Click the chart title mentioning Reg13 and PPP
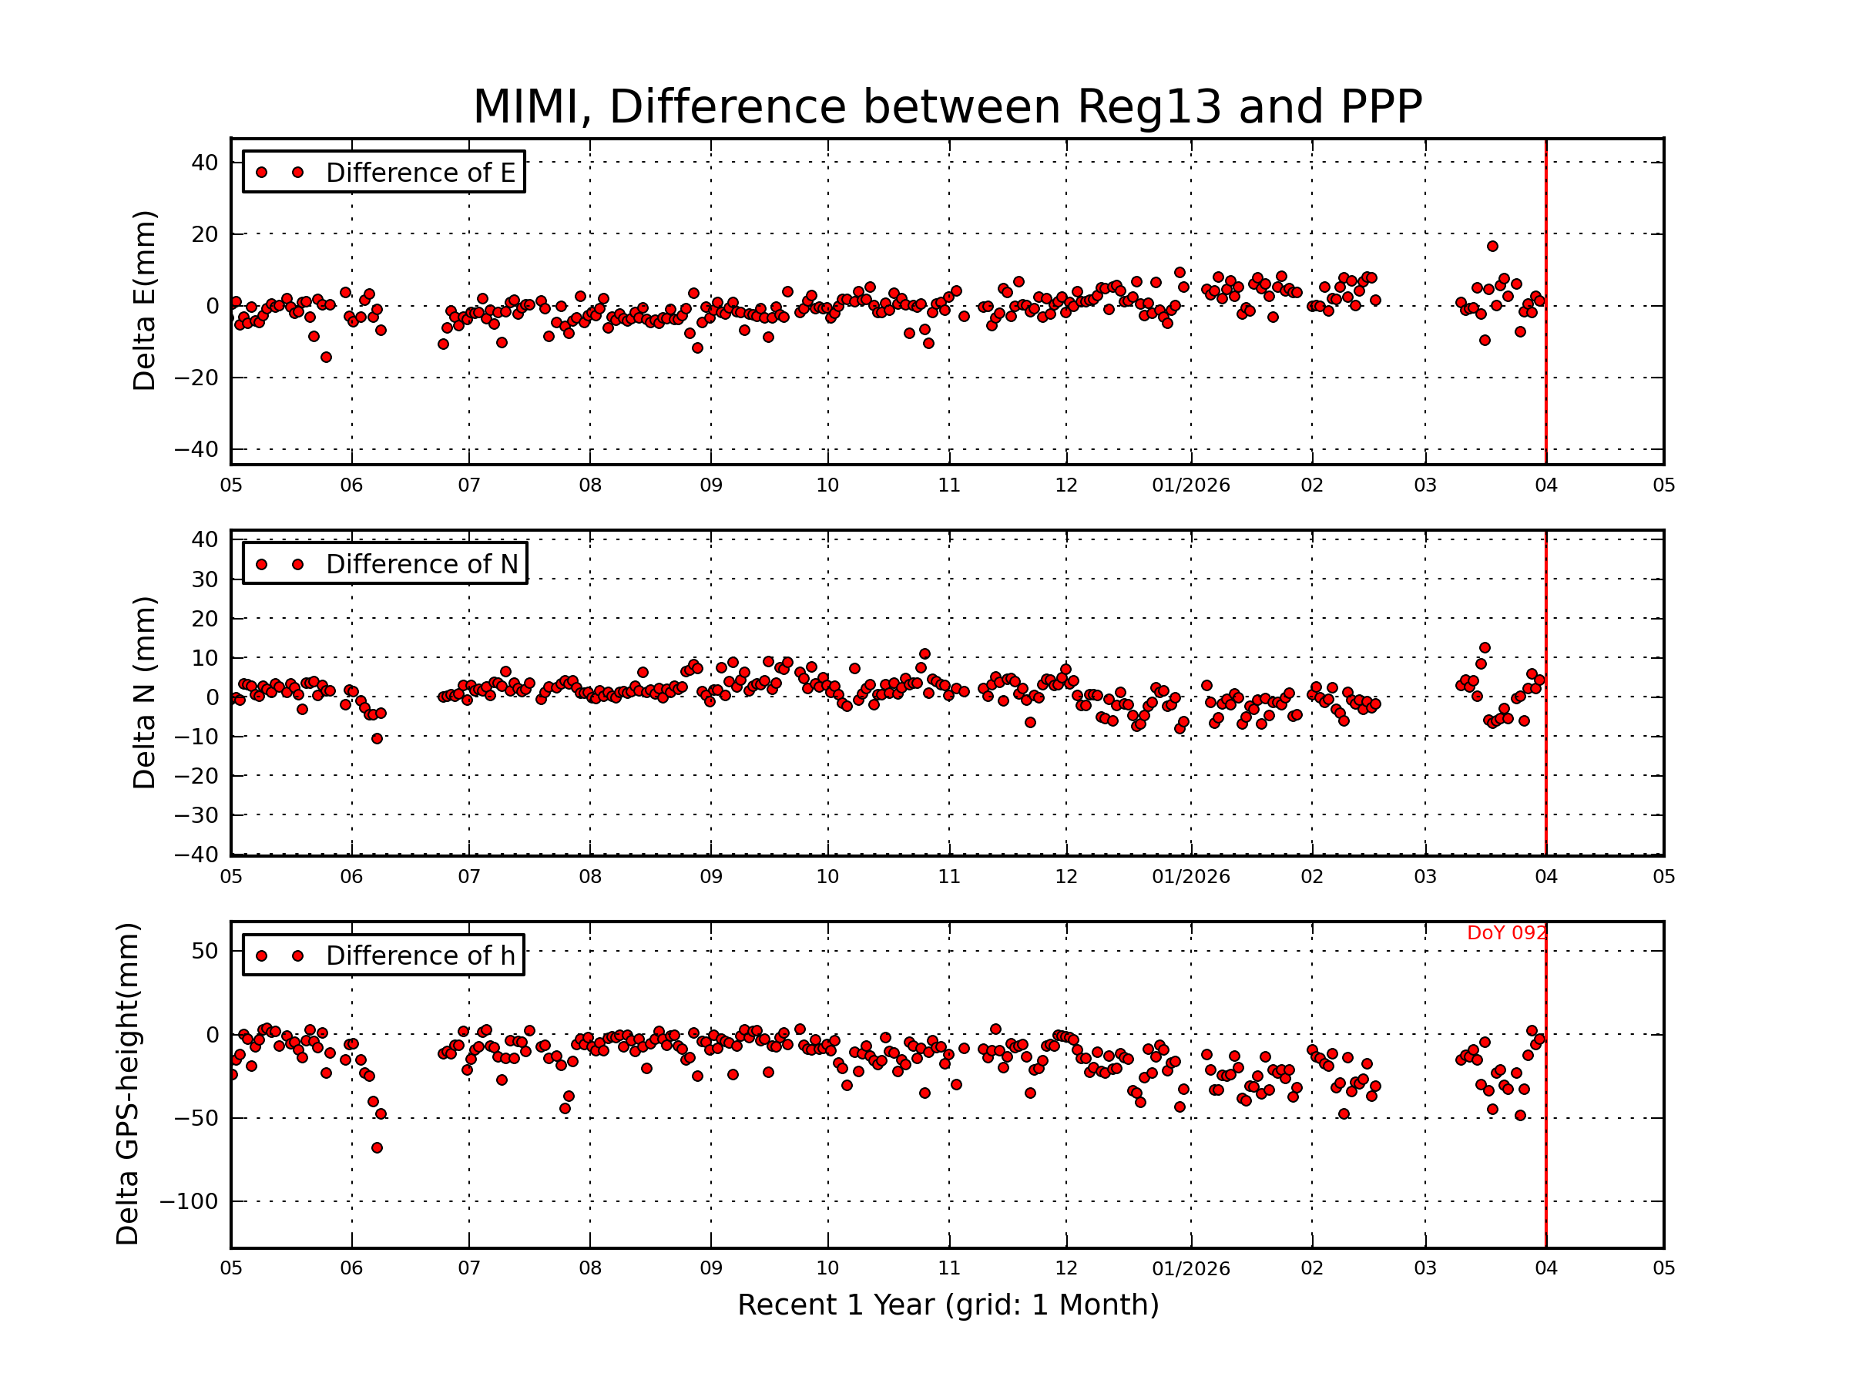tap(947, 107)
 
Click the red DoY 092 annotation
tap(1505, 933)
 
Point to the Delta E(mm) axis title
tap(144, 301)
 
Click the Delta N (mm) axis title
tap(144, 692)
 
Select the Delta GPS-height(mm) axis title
tap(127, 1083)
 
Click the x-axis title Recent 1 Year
tap(947, 1305)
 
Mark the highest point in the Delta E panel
tap(1492, 247)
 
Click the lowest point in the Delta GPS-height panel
tap(377, 1148)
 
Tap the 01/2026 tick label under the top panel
tap(1190, 485)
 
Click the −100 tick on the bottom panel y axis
tap(188, 1201)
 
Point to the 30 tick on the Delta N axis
tap(204, 579)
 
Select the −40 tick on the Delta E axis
tap(196, 450)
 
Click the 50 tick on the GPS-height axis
tap(204, 952)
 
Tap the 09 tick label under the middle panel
tap(710, 877)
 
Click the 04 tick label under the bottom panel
tap(1545, 1268)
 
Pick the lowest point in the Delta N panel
tap(377, 739)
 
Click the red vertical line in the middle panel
tap(1545, 752)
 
